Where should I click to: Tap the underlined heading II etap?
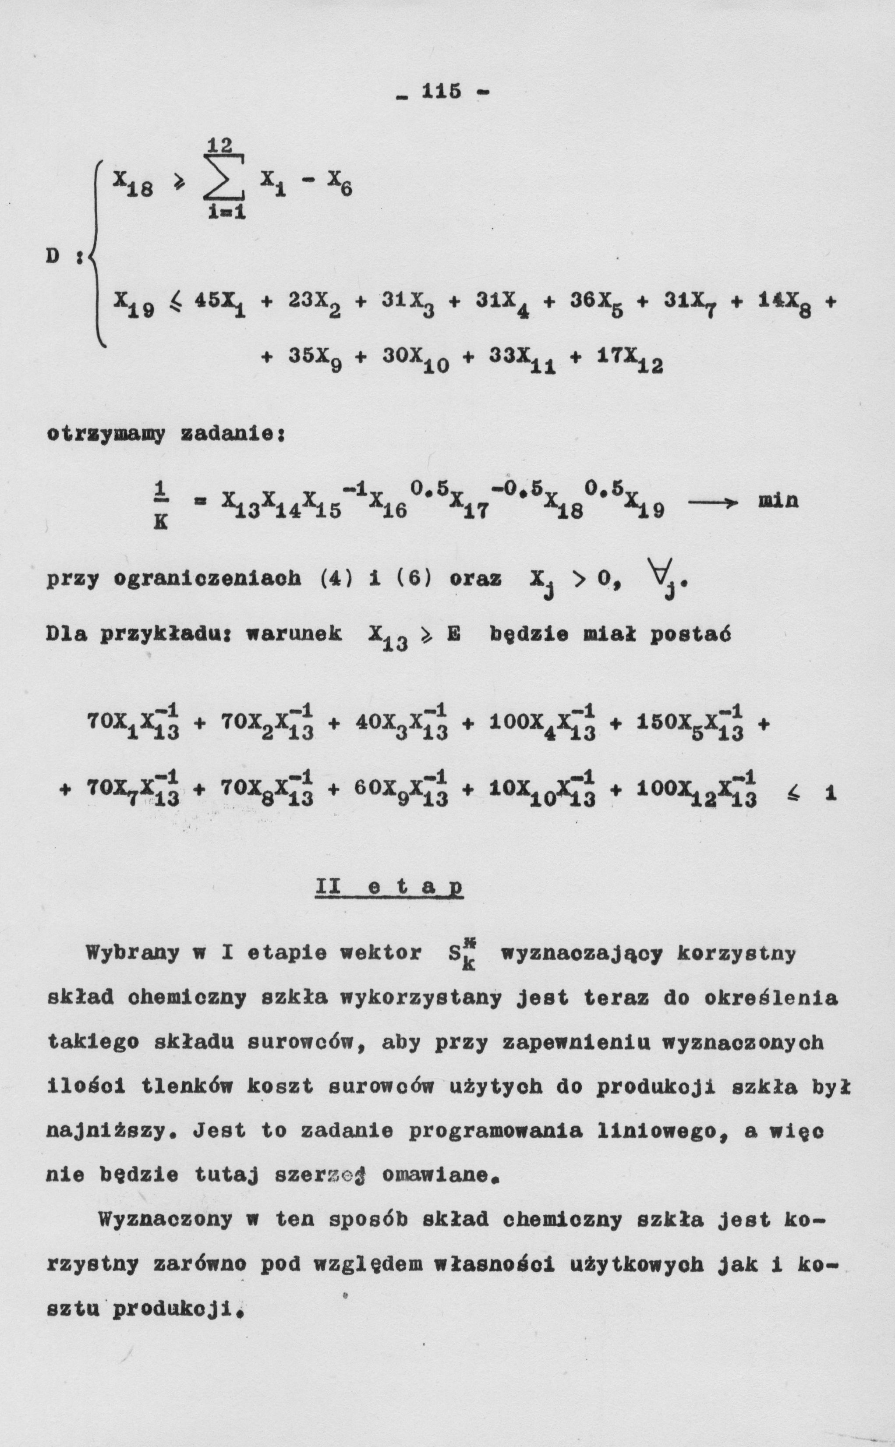pyautogui.click(x=389, y=888)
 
